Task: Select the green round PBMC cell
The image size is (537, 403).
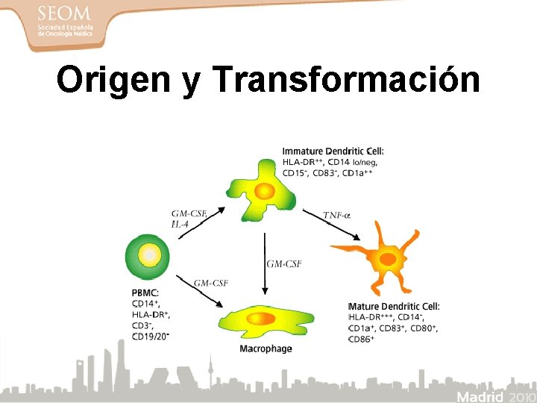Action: point(150,255)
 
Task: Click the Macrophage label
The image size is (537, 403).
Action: point(266,349)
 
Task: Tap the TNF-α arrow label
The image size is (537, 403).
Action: point(337,215)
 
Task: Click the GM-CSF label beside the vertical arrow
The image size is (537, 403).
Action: point(284,263)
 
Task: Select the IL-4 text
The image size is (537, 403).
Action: point(180,223)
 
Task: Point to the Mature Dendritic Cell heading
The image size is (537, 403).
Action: point(394,307)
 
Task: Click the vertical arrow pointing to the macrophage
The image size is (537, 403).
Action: point(263,265)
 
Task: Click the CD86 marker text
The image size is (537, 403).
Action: point(362,339)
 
